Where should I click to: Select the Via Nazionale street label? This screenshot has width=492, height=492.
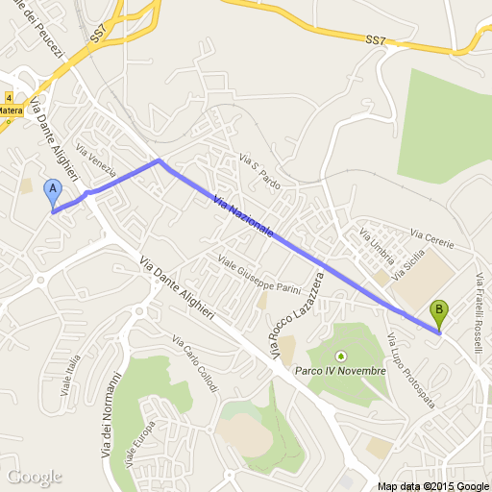245,217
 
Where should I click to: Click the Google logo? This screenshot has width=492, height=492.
35,477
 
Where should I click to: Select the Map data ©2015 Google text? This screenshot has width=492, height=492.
433,485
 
